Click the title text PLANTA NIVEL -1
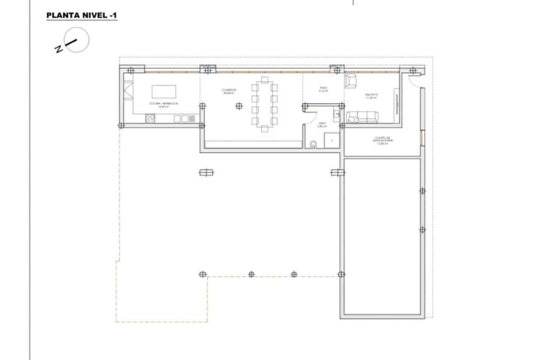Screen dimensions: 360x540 tap(82, 16)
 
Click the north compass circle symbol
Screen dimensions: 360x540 tap(77, 40)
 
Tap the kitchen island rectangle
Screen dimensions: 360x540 tap(164, 92)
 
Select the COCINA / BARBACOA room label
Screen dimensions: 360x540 tap(164, 104)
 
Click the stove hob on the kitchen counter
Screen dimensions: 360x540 tap(150, 119)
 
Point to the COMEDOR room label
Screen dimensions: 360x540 tap(228, 91)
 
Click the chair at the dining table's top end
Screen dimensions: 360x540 tap(265, 80)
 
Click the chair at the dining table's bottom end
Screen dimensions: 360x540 tap(265, 128)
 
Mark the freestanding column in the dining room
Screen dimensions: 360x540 tap(239, 106)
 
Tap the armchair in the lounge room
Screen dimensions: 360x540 tap(351, 81)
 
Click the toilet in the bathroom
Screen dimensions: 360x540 tap(314, 145)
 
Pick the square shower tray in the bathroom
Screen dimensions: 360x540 tap(332, 140)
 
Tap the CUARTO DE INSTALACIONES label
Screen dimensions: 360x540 tap(383, 140)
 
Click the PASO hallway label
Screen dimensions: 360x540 tap(323, 89)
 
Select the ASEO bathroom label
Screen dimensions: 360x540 tap(322, 125)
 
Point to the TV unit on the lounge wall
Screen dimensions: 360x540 tap(396, 105)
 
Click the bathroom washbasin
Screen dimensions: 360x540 tap(336, 114)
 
